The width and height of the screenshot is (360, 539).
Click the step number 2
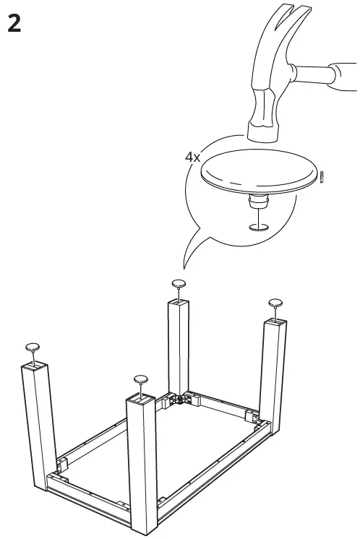pos(13,24)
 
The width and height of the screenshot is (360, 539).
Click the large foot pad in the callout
pos(259,171)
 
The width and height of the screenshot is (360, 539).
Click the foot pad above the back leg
pos(179,283)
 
